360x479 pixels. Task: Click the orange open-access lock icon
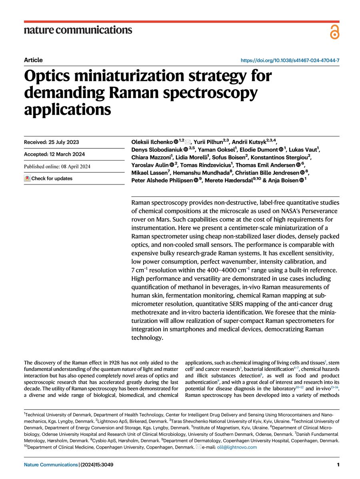coord(334,31)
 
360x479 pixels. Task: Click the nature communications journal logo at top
coord(78,30)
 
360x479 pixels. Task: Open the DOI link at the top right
coord(290,60)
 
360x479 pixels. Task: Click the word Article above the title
coord(33,60)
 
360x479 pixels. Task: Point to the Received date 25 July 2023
coord(51,142)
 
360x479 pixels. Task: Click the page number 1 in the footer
coord(338,465)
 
